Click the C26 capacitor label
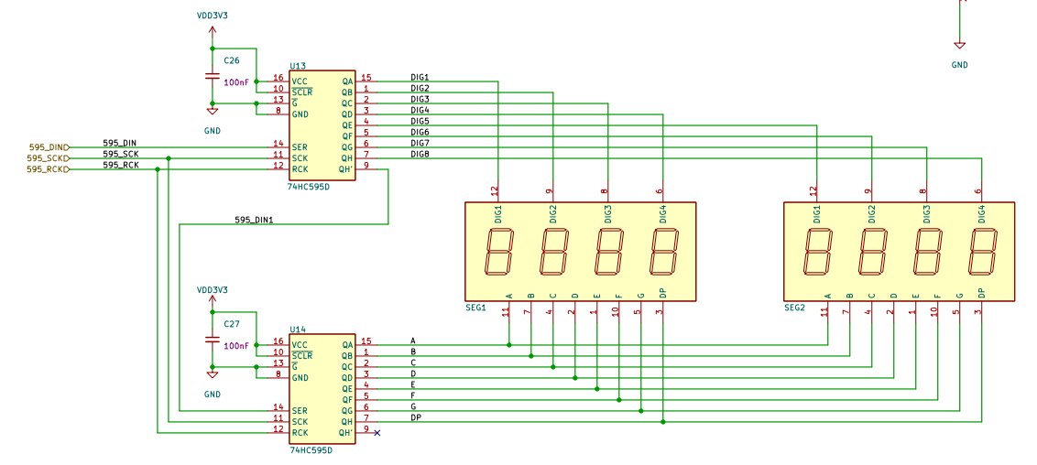pyautogui.click(x=232, y=60)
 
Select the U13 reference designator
pyautogui.click(x=298, y=66)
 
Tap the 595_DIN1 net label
pyautogui.click(x=254, y=220)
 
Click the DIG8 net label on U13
pyautogui.click(x=420, y=154)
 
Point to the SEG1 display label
pyautogui.click(x=475, y=308)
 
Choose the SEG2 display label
pyautogui.click(x=794, y=308)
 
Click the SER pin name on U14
pyautogui.click(x=299, y=411)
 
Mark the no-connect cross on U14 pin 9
pyautogui.click(x=377, y=433)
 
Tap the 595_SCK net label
pyautogui.click(x=121, y=154)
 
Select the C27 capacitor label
pyautogui.click(x=232, y=324)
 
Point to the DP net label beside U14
pyautogui.click(x=416, y=417)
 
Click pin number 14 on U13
pyautogui.click(x=278, y=144)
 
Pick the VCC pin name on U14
pyautogui.click(x=300, y=345)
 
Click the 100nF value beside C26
pyautogui.click(x=236, y=82)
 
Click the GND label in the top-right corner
pyautogui.click(x=960, y=65)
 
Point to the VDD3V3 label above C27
pyautogui.click(x=213, y=290)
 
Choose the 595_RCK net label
pyautogui.click(x=121, y=165)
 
